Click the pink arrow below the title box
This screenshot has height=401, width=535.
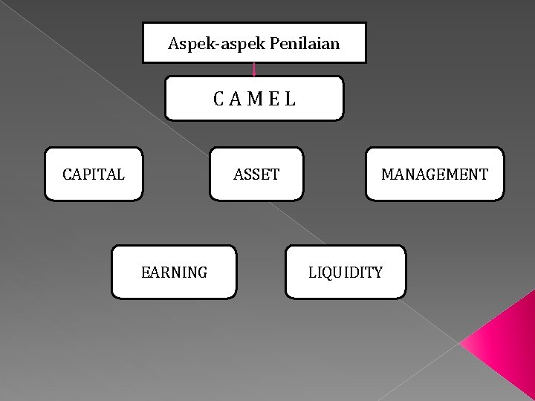[254, 70]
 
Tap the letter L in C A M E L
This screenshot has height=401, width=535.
[290, 98]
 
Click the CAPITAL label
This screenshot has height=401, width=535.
[94, 175]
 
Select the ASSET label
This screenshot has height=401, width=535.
[256, 175]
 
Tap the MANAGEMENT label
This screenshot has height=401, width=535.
[435, 175]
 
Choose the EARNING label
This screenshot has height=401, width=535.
[174, 273]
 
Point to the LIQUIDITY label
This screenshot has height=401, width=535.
[346, 273]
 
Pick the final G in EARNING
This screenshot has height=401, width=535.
[203, 273]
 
